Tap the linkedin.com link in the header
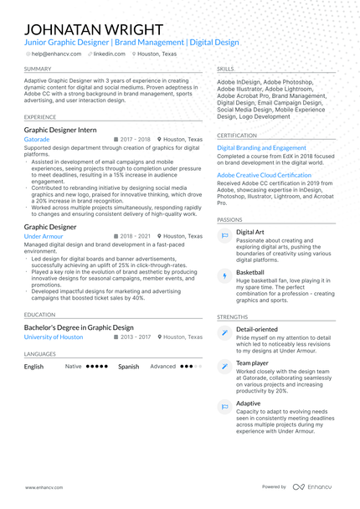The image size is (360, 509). (x=109, y=53)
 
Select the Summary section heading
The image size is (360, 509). (x=38, y=69)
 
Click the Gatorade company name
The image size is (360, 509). (x=36, y=139)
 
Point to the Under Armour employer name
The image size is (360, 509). (x=44, y=237)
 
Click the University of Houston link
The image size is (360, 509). (x=54, y=337)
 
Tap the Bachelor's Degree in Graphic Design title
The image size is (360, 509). (x=79, y=327)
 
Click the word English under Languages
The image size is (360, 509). (x=34, y=367)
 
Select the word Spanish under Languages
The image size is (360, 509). (x=128, y=367)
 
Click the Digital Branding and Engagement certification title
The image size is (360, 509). (x=261, y=147)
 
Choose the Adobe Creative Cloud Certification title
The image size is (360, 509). (x=264, y=175)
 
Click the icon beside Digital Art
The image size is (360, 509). (x=224, y=236)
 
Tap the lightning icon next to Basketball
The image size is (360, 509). (x=224, y=275)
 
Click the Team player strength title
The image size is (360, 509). (x=252, y=363)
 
